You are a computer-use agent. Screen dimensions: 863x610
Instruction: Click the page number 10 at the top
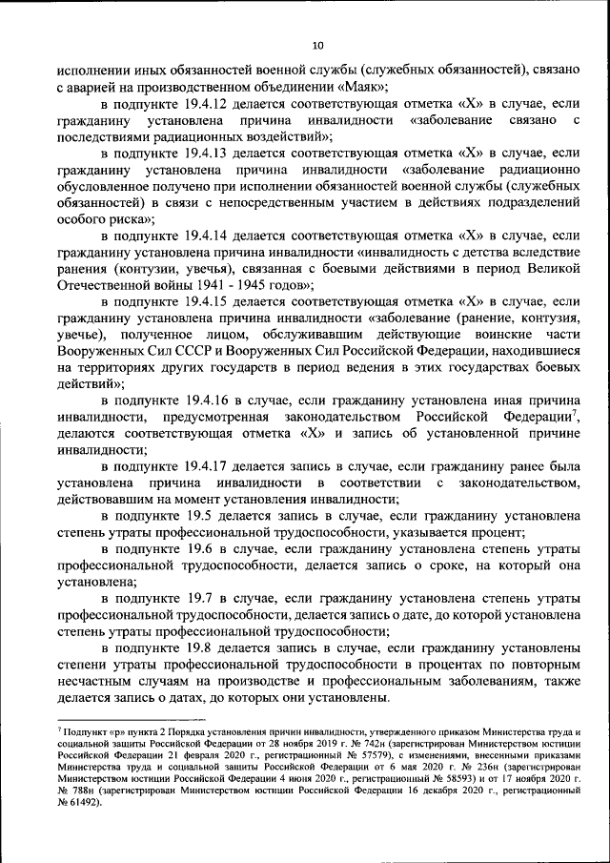(318, 44)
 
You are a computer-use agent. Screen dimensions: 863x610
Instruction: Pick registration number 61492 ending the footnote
(80, 802)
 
